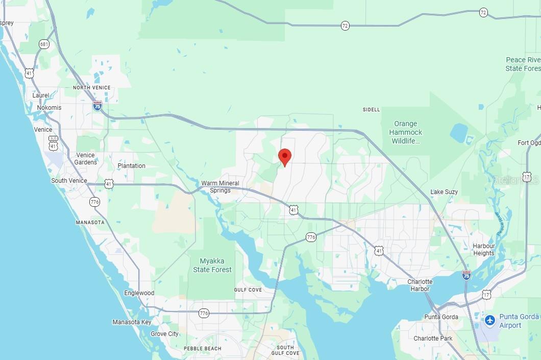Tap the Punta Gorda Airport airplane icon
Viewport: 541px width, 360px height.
[490, 321]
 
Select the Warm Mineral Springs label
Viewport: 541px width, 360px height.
[220, 187]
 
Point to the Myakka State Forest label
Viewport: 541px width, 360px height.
[212, 266]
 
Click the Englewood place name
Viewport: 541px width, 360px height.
[139, 293]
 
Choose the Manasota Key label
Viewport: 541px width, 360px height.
[132, 322]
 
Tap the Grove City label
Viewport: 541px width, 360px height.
[165, 334]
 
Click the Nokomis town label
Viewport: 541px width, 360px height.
[49, 108]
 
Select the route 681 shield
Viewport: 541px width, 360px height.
[44, 44]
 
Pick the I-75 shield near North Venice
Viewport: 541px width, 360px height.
[97, 106]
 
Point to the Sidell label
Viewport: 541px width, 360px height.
[371, 110]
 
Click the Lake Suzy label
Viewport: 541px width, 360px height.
[444, 192]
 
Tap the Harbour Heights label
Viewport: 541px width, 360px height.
[484, 250]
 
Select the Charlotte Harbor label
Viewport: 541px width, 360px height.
[420, 285]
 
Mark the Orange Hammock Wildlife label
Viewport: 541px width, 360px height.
[406, 132]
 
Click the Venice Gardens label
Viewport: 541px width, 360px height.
[85, 159]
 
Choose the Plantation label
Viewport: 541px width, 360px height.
[131, 166]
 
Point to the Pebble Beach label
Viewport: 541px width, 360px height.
[203, 349]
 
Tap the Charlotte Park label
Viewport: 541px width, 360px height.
[433, 339]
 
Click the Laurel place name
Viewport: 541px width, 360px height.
[41, 95]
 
